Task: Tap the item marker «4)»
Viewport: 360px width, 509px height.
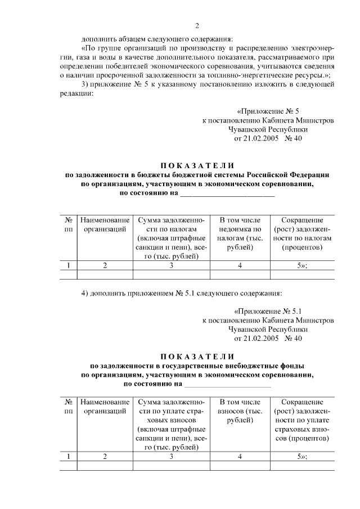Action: coord(85,292)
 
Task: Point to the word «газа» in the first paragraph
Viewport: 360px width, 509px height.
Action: coord(88,57)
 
